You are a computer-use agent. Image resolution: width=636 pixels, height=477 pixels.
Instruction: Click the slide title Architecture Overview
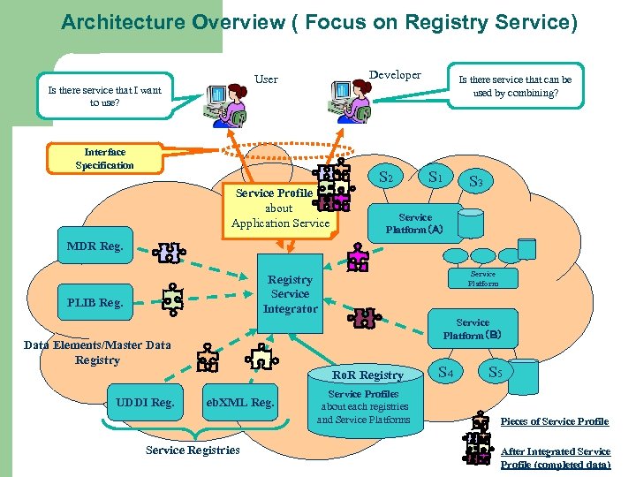[319, 21]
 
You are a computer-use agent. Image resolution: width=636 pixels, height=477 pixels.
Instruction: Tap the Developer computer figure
[350, 102]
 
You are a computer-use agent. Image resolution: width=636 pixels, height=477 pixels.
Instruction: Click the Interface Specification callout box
[104, 159]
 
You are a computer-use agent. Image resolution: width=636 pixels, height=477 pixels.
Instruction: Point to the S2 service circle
[386, 178]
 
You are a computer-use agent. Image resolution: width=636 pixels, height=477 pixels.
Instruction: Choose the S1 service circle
[435, 177]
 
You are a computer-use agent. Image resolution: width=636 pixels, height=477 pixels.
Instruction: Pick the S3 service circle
[475, 182]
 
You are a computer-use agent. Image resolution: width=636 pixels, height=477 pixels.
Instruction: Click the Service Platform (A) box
[415, 223]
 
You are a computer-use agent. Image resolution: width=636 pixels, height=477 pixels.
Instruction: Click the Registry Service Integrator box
[290, 294]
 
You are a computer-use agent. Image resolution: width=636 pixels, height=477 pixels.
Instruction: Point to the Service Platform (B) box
[473, 329]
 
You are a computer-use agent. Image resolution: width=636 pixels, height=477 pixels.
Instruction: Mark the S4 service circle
[446, 373]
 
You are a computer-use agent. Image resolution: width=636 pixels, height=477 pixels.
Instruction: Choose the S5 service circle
[496, 373]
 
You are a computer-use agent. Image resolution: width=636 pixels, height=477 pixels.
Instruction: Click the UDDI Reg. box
[145, 403]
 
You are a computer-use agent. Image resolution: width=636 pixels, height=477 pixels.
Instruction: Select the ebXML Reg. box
[239, 403]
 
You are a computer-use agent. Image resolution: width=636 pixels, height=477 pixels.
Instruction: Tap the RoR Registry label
[368, 375]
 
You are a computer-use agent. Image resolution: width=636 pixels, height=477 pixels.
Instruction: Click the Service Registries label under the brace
[193, 450]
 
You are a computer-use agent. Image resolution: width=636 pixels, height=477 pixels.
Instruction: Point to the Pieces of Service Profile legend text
[555, 421]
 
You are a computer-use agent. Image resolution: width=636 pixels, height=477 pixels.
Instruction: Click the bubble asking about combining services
[516, 86]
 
